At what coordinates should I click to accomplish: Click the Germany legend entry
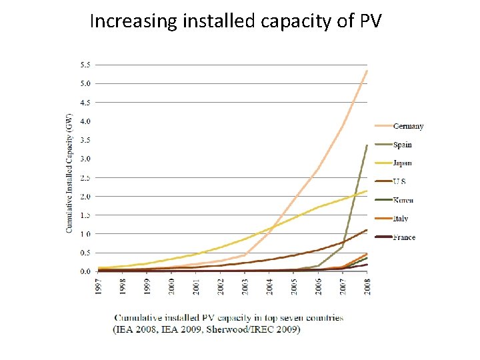(x=408, y=126)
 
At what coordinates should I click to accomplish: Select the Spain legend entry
(x=403, y=145)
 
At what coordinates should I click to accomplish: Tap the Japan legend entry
(x=403, y=163)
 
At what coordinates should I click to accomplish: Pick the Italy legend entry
(x=401, y=219)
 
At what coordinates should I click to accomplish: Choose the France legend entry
(x=404, y=237)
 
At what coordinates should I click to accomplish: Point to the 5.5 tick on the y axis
(x=86, y=65)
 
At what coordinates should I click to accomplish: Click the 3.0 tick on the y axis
(x=86, y=159)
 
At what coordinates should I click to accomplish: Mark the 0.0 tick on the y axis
(x=86, y=271)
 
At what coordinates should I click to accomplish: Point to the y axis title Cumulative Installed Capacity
(x=69, y=173)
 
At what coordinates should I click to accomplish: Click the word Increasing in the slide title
(x=127, y=21)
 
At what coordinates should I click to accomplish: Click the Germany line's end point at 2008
(x=367, y=71)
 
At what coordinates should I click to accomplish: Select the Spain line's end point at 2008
(x=367, y=145)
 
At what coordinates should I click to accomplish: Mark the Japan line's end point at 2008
(x=367, y=191)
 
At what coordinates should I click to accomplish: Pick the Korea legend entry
(x=403, y=200)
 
